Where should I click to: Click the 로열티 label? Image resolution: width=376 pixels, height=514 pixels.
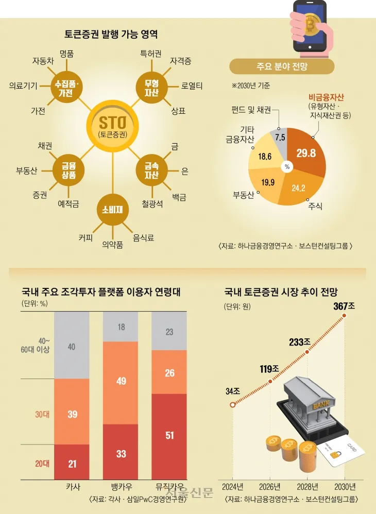click(192, 86)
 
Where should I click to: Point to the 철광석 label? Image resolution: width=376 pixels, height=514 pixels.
click(152, 204)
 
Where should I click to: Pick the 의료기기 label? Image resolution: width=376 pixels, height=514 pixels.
click(23, 86)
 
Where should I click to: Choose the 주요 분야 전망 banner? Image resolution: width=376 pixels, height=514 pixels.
click(281, 66)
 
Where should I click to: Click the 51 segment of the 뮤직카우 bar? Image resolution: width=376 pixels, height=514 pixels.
click(169, 435)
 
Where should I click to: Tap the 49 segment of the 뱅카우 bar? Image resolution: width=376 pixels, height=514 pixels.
click(121, 381)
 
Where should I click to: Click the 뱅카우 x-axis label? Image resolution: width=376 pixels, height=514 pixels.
click(121, 486)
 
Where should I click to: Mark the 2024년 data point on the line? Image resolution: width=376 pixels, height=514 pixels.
click(233, 405)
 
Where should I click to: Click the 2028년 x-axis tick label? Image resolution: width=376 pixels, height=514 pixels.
click(307, 487)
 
